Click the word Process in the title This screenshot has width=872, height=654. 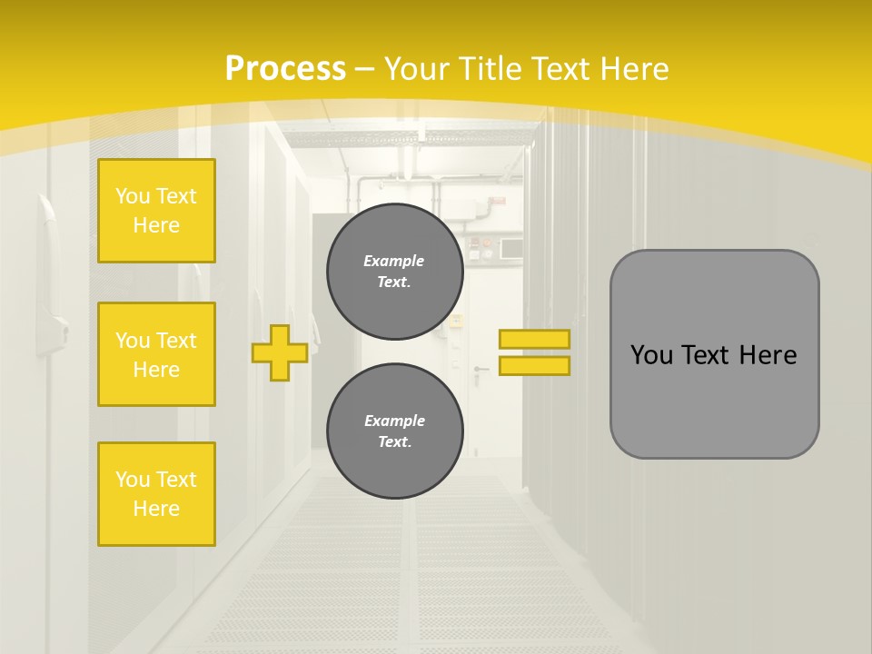285,69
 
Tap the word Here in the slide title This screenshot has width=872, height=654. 629,69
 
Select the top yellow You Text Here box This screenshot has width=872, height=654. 156,211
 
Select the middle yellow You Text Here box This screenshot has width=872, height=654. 156,354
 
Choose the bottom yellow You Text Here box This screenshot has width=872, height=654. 156,493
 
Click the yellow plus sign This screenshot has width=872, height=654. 280,352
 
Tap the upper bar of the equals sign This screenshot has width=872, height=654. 534,339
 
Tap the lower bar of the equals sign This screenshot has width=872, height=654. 534,365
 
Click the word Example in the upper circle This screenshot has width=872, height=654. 394,261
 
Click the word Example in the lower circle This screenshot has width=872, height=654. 394,421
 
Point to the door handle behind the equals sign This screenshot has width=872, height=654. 481,369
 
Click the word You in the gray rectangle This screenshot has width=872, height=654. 651,355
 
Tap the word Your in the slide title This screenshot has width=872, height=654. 419,69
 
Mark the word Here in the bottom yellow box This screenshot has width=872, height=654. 156,509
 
